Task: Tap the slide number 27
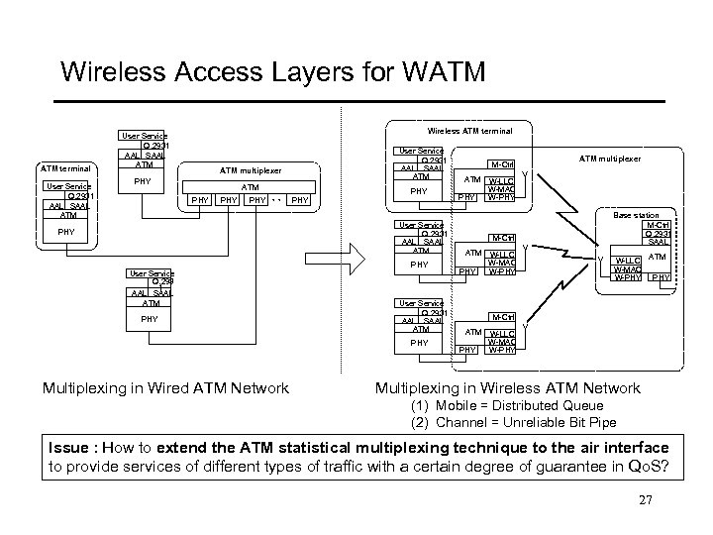point(647,500)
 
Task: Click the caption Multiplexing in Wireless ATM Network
point(507,388)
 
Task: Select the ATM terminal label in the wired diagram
point(65,168)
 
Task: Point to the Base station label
point(636,215)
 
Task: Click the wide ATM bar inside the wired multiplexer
point(251,186)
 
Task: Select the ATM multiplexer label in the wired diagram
point(251,170)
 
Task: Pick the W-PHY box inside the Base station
point(626,276)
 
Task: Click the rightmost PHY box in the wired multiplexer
point(298,201)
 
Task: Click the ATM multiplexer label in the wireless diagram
point(610,158)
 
